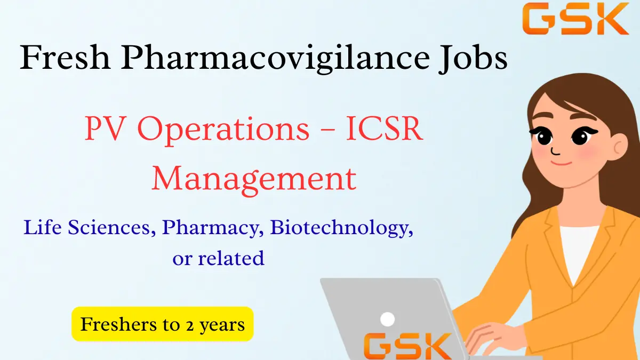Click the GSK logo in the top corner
pyautogui.click(x=575, y=19)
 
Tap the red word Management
pyautogui.click(x=254, y=179)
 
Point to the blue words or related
pyautogui.click(x=218, y=258)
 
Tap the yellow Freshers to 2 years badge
pyautogui.click(x=162, y=324)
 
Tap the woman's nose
pyautogui.click(x=556, y=148)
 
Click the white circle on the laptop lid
pyautogui.click(x=388, y=319)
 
